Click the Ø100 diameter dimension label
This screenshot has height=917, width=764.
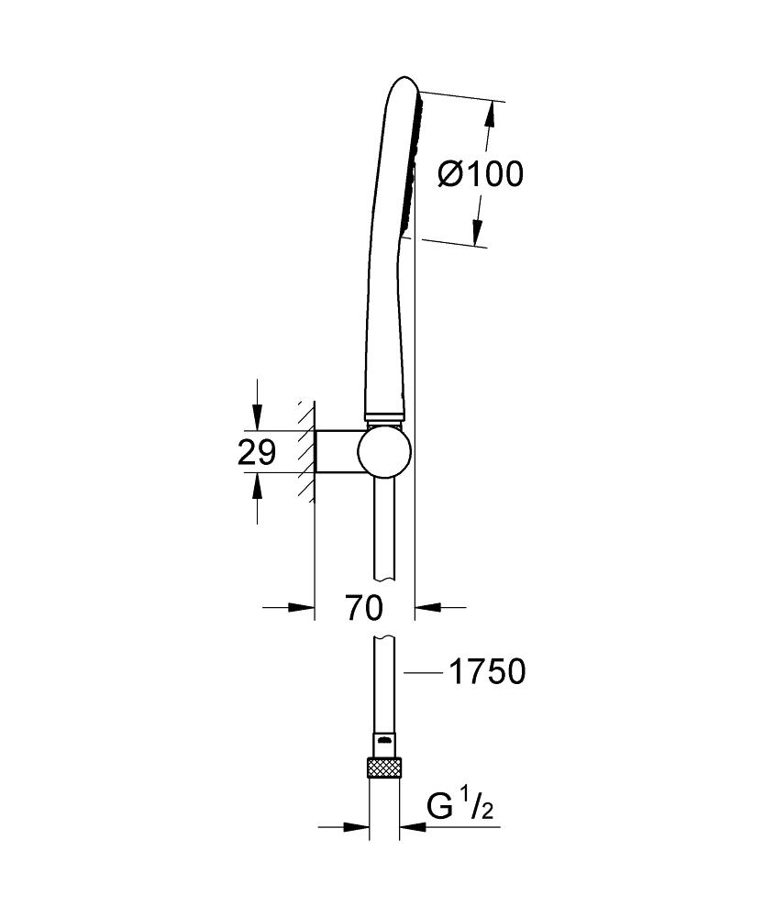pos(481,174)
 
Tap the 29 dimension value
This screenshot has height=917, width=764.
pos(256,452)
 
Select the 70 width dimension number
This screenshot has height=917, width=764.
pos(364,608)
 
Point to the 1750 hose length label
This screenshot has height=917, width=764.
pos(487,672)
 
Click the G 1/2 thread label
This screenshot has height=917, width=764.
pos(460,807)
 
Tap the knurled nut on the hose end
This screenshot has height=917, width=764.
pos(385,767)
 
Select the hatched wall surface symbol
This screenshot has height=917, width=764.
pos(306,451)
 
